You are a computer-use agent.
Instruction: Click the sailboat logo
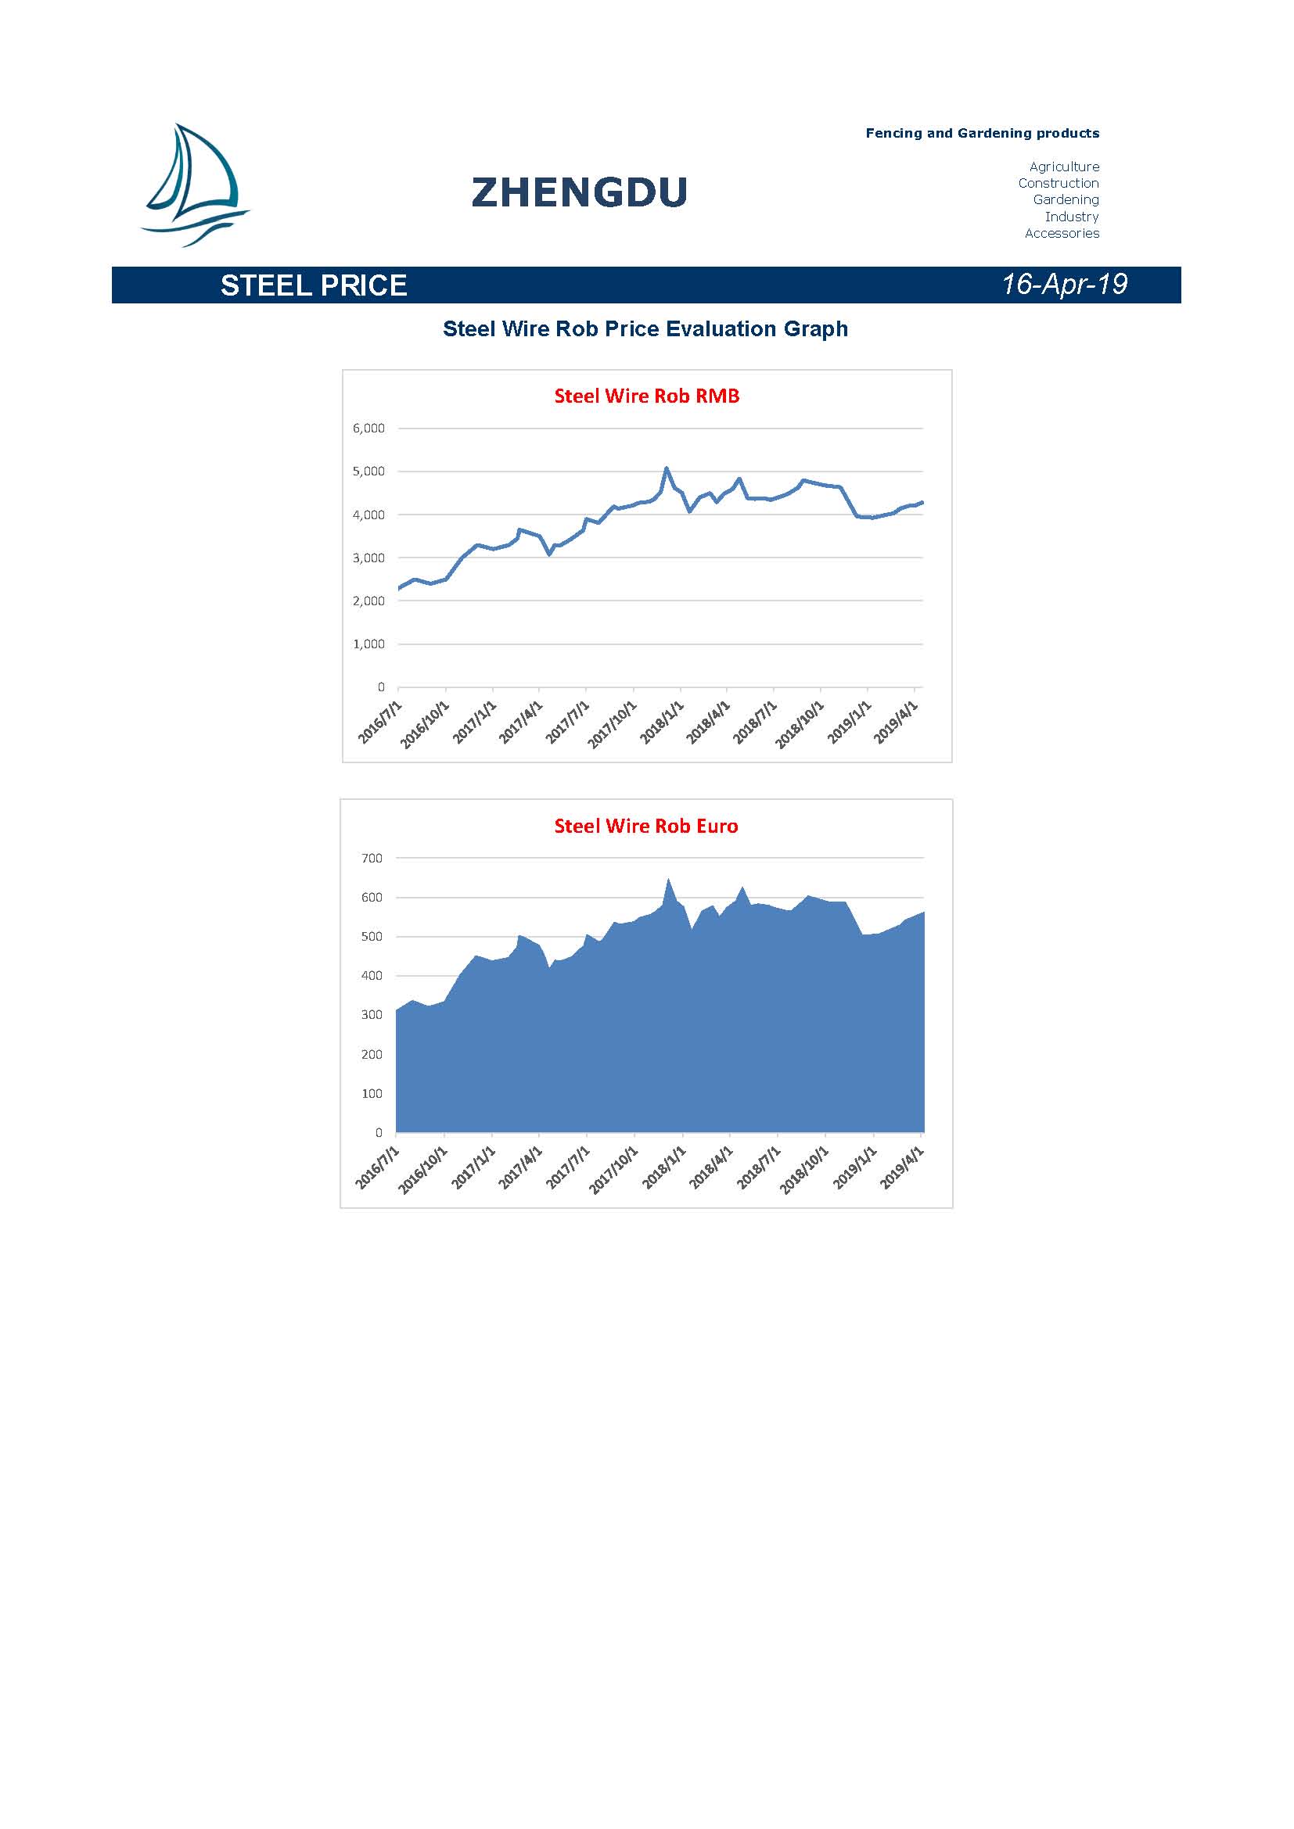[x=196, y=185]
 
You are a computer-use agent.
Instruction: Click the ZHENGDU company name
[x=579, y=193]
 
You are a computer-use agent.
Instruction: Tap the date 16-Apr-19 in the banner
[x=1065, y=285]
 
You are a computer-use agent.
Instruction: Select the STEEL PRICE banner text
[x=314, y=285]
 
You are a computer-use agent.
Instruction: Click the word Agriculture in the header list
[x=1064, y=167]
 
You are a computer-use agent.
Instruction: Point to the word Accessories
[x=1062, y=233]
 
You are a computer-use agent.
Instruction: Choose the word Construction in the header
[x=1059, y=183]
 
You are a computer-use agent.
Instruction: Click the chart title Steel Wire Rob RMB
[x=647, y=396]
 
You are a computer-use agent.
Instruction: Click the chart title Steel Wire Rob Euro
[x=646, y=826]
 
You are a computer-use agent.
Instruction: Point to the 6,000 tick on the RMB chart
[x=369, y=429]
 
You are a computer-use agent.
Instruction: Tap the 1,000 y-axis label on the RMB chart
[x=369, y=644]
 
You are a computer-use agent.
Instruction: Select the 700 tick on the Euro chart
[x=372, y=858]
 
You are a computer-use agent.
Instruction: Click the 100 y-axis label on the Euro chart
[x=372, y=1093]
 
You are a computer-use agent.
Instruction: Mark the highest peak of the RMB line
[x=667, y=468]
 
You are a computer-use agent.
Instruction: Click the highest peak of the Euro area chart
[x=667, y=880]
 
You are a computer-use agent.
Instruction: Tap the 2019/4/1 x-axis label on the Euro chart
[x=902, y=1167]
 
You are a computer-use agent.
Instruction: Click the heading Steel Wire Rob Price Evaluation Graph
[x=645, y=329]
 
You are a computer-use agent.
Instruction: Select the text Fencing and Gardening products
[x=983, y=133]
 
